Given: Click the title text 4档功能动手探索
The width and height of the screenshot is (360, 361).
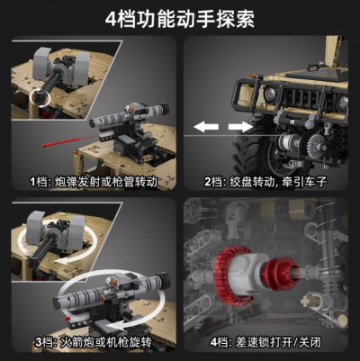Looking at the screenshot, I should pyautogui.click(x=180, y=18).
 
